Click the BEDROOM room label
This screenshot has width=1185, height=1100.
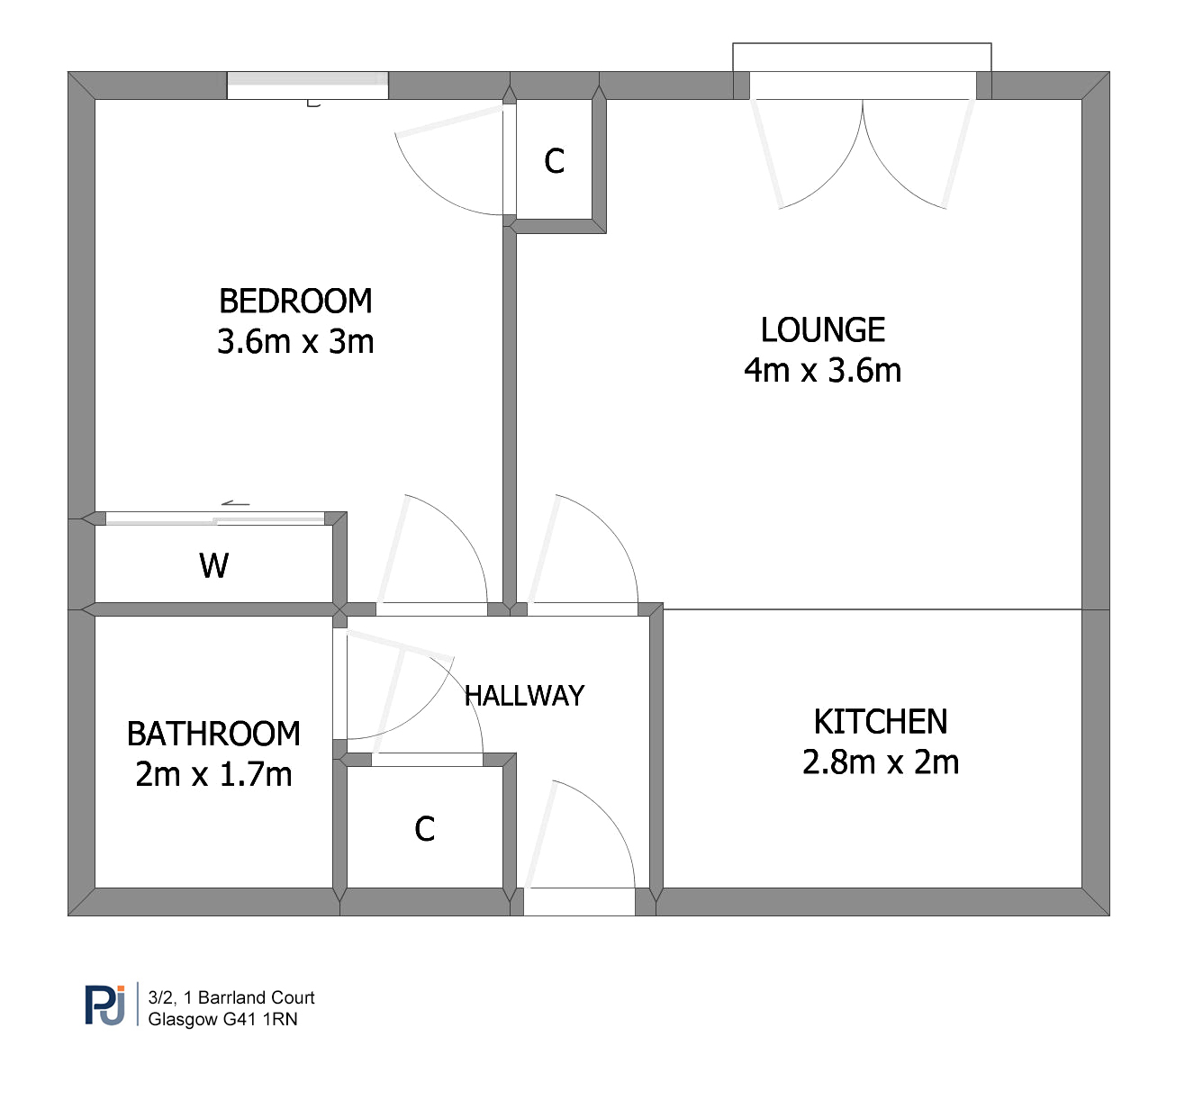click(295, 301)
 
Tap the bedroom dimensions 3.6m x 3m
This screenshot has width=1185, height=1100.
click(295, 342)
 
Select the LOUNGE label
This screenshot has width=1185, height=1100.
click(823, 329)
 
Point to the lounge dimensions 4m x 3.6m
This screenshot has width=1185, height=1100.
click(823, 371)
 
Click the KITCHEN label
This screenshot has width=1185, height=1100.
click(881, 722)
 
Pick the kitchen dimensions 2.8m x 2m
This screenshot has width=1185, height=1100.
click(881, 762)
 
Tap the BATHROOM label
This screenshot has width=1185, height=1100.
click(213, 734)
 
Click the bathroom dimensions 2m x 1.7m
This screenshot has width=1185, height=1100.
click(213, 774)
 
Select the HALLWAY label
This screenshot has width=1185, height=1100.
click(524, 696)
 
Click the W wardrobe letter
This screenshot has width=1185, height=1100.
click(213, 565)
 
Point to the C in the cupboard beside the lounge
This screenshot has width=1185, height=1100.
click(555, 161)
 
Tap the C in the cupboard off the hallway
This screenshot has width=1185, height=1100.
click(425, 829)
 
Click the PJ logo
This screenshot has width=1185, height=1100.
click(105, 1005)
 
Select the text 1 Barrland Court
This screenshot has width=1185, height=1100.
click(249, 997)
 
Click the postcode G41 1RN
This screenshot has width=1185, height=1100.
click(260, 1019)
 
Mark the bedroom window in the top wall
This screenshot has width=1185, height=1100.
click(308, 86)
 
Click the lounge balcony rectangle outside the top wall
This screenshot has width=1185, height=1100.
click(863, 58)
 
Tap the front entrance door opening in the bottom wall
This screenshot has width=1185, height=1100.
click(579, 901)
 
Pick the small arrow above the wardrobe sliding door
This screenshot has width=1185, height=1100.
click(236, 504)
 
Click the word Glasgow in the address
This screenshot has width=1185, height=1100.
click(183, 1019)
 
